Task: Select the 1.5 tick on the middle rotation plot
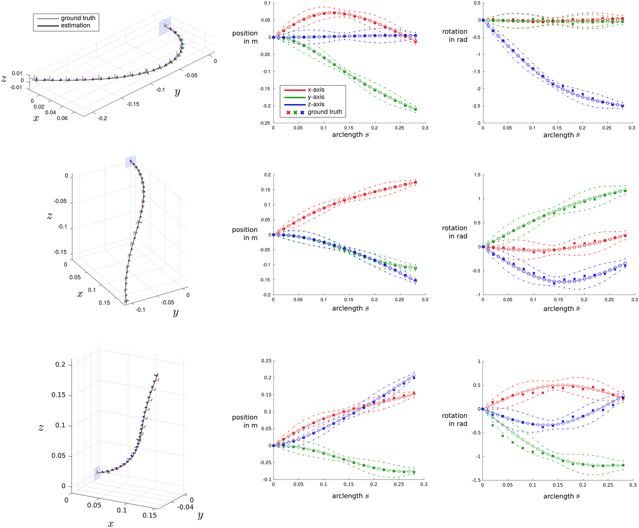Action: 477,175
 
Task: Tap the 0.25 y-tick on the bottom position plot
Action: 266,361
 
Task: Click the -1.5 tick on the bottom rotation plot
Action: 476,480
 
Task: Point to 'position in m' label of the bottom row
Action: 245,421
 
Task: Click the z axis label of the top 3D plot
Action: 4,79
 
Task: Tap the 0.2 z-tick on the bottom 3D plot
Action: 60,364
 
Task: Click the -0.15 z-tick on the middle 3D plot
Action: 60,252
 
